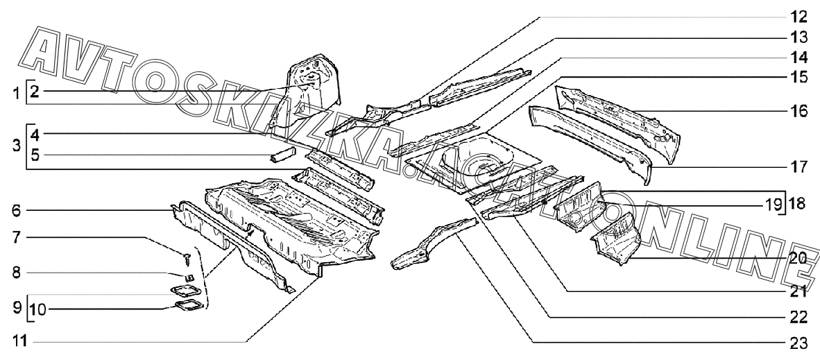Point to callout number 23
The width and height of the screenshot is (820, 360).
tap(798, 342)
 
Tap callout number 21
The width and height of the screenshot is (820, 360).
tap(798, 291)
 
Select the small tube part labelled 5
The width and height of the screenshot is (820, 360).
tap(283, 154)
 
